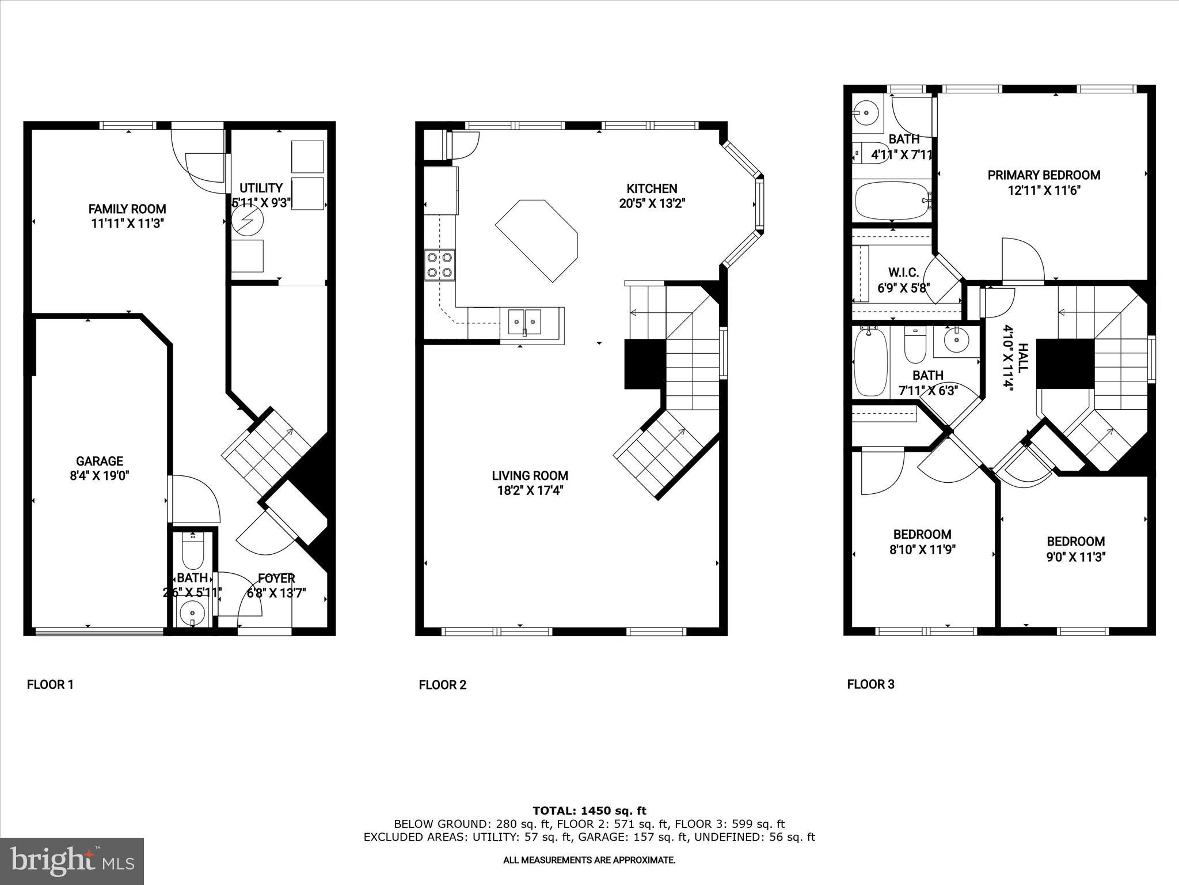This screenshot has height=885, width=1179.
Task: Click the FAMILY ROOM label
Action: (127, 209)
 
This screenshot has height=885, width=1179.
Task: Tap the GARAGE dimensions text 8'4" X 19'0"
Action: (100, 476)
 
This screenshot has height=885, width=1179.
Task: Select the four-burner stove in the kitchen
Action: (440, 265)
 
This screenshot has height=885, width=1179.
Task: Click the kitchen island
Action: (537, 240)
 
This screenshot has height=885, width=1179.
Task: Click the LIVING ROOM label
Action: (530, 476)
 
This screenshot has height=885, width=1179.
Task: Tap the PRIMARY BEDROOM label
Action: (1044, 175)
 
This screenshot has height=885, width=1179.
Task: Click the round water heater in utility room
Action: (247, 219)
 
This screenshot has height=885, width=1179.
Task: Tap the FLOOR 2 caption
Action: (442, 685)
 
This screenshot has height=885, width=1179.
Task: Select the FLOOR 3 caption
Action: (870, 684)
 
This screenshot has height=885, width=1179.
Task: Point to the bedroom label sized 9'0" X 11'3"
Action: (1075, 542)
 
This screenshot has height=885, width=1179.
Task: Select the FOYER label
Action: (276, 578)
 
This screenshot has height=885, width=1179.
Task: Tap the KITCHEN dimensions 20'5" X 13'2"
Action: (652, 203)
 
